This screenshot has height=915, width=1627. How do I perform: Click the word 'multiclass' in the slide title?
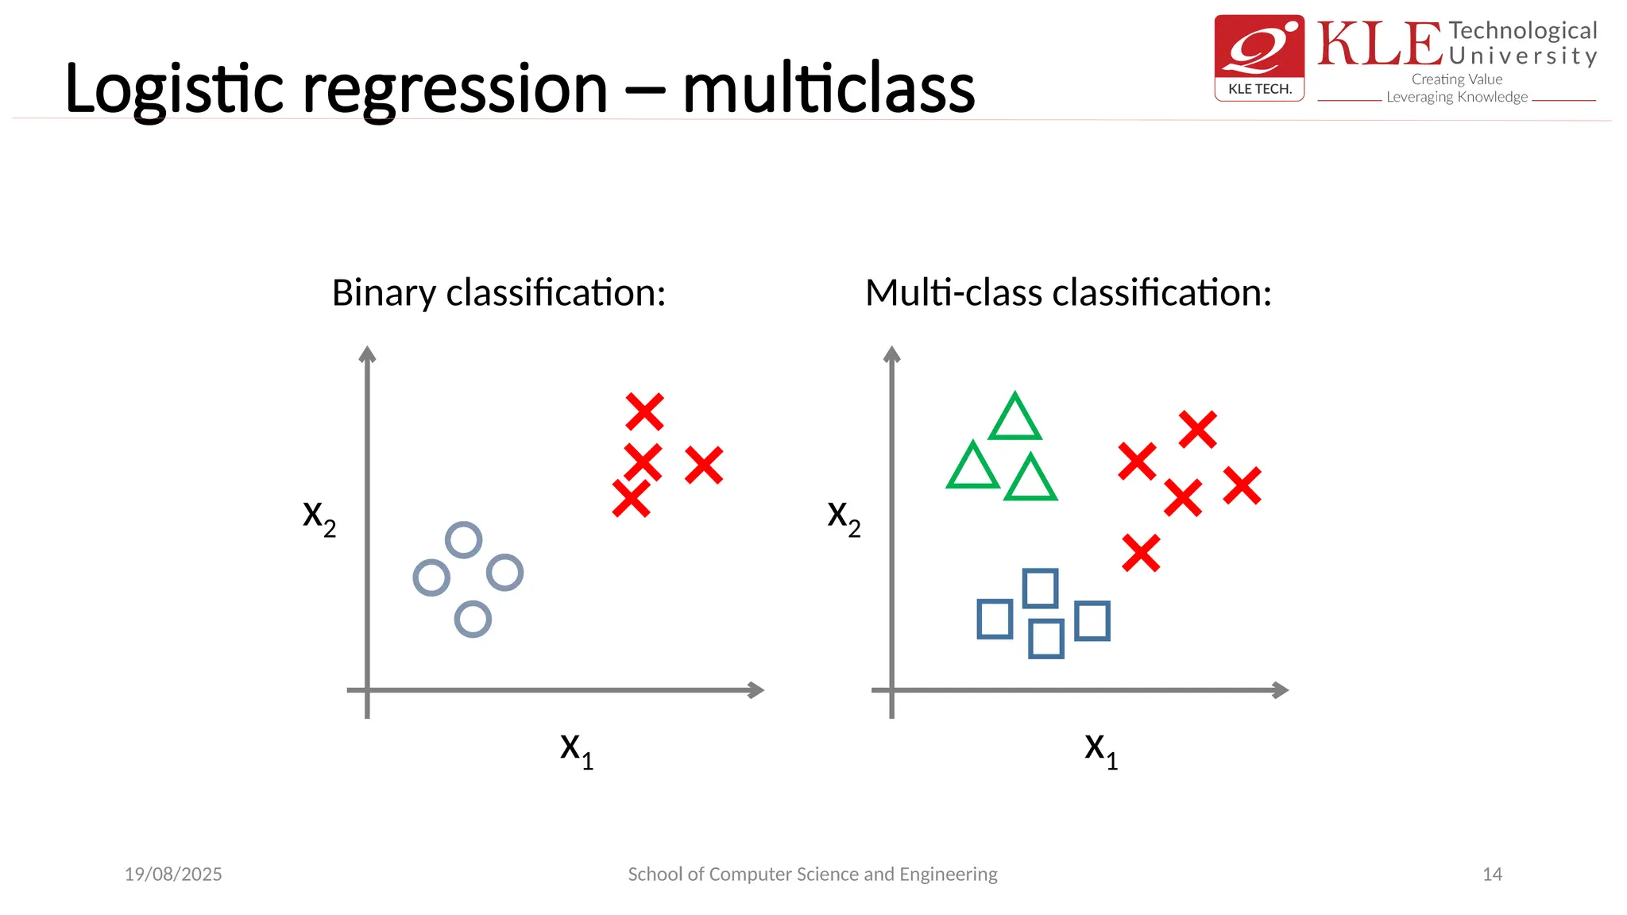click(829, 89)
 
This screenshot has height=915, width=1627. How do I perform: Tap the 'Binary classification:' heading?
click(498, 293)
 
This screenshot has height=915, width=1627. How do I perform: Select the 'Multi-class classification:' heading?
click(1068, 293)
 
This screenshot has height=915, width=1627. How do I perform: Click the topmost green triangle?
click(1014, 419)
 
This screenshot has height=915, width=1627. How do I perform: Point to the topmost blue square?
click(1040, 589)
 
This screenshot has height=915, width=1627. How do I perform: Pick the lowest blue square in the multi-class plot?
click(1045, 639)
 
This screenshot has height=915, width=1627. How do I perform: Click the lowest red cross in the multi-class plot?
click(1141, 553)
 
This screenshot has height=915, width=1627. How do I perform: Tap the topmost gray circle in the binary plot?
click(464, 540)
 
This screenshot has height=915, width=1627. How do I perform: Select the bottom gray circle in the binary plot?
click(473, 620)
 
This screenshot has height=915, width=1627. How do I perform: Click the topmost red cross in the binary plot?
click(644, 412)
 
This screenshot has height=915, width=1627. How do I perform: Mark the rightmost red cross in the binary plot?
click(704, 465)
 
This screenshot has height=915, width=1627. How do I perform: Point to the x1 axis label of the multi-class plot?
click(1101, 750)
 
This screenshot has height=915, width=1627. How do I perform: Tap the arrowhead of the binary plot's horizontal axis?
click(756, 690)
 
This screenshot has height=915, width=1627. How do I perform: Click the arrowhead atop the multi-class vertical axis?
click(891, 354)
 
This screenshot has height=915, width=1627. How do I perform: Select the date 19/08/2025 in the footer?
click(173, 874)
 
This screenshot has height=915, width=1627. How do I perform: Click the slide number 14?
click(1492, 874)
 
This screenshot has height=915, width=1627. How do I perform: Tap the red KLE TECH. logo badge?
click(1259, 58)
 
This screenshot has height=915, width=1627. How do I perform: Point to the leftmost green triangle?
click(972, 469)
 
